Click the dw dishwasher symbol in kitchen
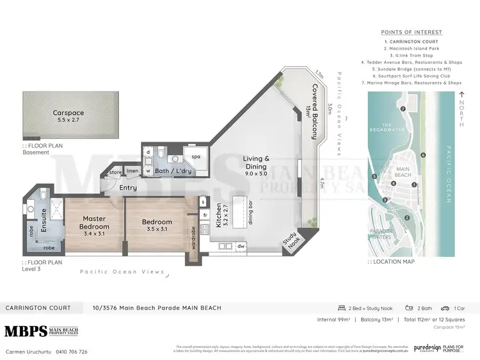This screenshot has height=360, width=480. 241,245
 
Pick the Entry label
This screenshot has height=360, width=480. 128,187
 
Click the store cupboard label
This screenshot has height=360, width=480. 115,172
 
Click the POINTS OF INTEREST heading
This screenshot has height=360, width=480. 411,32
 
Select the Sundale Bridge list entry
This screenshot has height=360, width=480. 412,69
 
